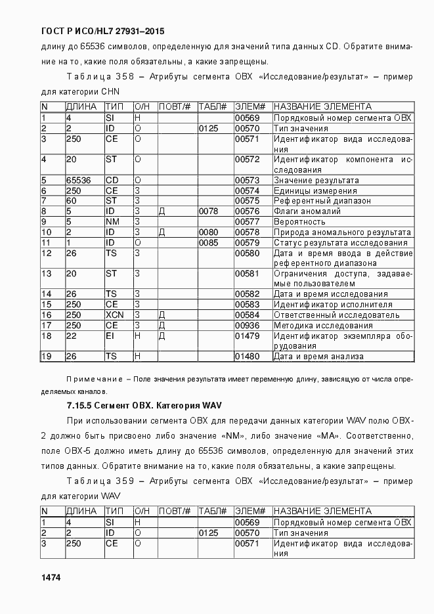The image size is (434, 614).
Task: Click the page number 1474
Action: click(x=51, y=577)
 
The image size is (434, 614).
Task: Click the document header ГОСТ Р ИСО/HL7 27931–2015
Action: click(x=102, y=31)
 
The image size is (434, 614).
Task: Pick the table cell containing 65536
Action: click(x=79, y=180)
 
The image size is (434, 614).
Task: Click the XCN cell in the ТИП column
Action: click(x=114, y=315)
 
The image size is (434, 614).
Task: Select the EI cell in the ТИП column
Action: click(x=110, y=336)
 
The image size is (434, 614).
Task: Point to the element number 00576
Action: click(x=248, y=211)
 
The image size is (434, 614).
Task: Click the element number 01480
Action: click(x=248, y=357)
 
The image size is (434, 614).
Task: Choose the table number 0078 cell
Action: click(x=208, y=211)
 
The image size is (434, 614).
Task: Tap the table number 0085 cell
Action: click(x=208, y=243)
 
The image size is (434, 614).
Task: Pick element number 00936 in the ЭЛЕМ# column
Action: click(x=248, y=326)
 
